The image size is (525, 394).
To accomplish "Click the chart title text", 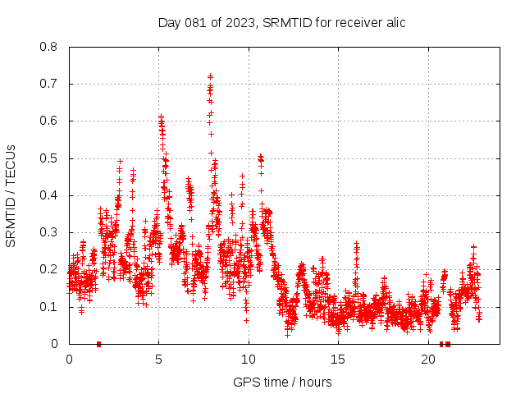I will (281, 22).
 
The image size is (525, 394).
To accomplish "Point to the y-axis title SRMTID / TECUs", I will (11, 195).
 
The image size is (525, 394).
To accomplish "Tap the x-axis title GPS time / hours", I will (282, 382).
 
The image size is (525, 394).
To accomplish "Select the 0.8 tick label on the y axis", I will (49, 47).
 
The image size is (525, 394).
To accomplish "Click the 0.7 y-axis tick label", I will (49, 84).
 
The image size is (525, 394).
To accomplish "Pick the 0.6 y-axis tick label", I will (49, 121).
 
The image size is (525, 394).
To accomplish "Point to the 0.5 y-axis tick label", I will (49, 158).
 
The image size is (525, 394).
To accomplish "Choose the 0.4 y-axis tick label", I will (49, 195).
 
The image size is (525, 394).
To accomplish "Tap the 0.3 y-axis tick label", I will (49, 232).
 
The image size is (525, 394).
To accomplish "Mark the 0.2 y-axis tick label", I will (49, 269).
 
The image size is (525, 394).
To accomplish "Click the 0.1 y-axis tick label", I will (49, 307).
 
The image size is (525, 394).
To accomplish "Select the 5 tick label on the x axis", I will (158, 360).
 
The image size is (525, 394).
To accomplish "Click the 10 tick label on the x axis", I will (249, 360).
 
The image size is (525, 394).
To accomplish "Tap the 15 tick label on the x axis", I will (338, 360).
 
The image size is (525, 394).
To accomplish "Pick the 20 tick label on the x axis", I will (428, 360).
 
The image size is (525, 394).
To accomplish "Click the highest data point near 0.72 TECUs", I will (210, 76).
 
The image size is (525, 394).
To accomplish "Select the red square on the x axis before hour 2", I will (98, 344).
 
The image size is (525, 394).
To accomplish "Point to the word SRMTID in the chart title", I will (284, 22).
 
